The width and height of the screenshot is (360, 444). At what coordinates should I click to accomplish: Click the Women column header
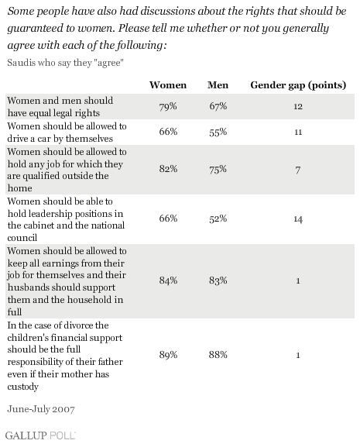coord(168,85)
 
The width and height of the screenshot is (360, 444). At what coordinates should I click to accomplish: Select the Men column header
coord(218,85)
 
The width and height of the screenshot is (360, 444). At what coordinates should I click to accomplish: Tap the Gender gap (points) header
coord(298,85)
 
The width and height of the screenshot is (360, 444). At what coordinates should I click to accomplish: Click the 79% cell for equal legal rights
coord(168,106)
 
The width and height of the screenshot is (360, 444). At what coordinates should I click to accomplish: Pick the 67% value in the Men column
coord(218,106)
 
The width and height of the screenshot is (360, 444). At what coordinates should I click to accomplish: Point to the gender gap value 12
coord(298,106)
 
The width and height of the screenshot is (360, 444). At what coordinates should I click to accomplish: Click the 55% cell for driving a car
coord(218,133)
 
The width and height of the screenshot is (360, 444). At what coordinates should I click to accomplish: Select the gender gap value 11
coord(298,133)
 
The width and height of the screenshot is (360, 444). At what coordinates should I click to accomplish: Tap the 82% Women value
coord(168,169)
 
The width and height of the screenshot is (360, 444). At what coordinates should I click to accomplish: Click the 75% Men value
coord(218,169)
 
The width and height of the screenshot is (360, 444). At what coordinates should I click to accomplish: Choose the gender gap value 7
coord(298,170)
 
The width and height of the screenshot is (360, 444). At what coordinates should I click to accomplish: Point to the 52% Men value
coord(218,219)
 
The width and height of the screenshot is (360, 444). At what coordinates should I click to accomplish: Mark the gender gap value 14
coord(298,219)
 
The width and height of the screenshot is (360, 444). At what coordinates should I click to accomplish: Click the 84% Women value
coord(168,281)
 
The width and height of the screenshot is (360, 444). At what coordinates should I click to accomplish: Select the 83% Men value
coord(218,281)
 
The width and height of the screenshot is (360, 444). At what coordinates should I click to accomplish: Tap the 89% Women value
coord(168,355)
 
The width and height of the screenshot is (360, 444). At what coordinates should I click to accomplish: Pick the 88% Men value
coord(218,355)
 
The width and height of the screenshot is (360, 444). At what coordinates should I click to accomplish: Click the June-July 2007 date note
coord(41,409)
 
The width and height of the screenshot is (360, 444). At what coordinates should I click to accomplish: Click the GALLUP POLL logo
coord(40,435)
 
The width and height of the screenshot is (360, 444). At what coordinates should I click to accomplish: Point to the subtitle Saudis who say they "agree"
coord(66,63)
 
